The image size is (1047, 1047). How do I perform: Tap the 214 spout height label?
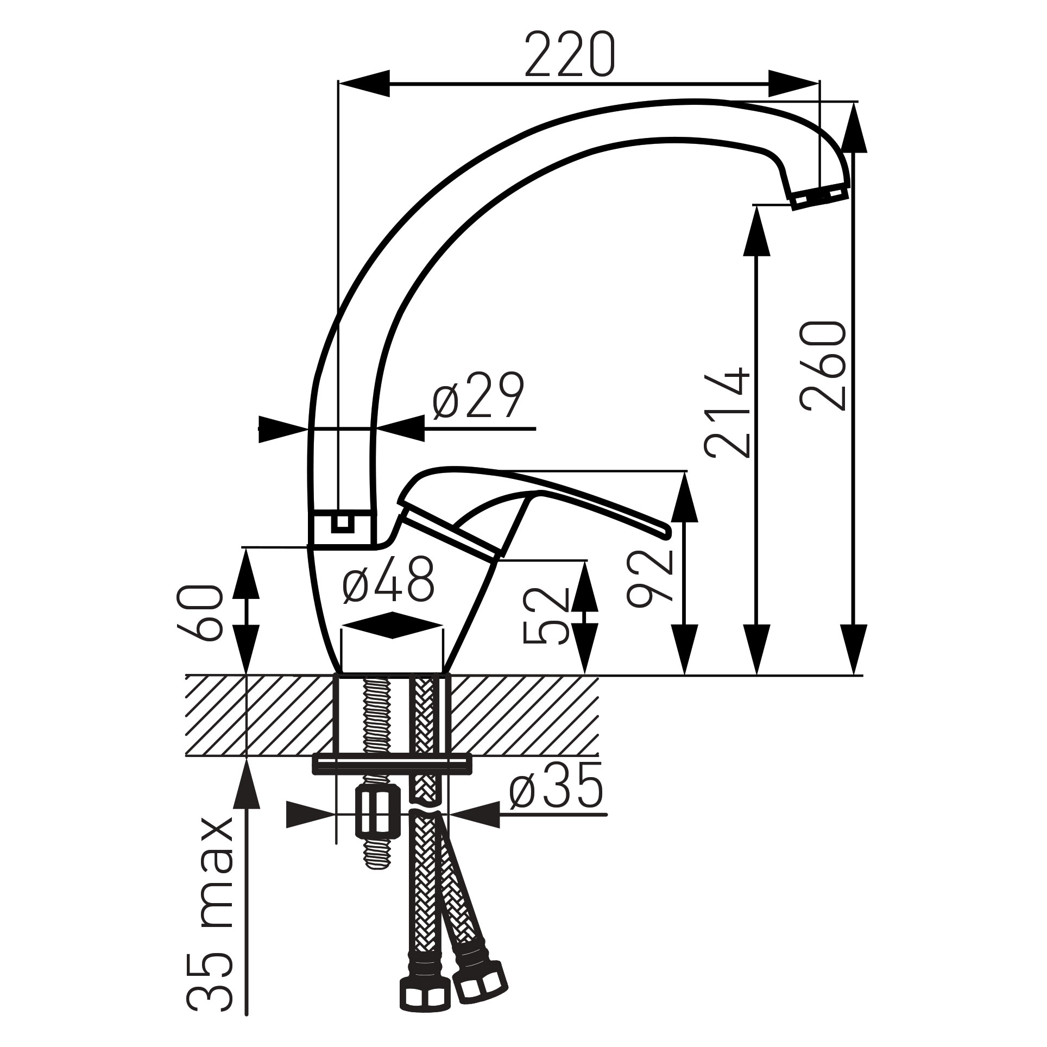[727, 413]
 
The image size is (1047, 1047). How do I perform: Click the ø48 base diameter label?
[389, 579]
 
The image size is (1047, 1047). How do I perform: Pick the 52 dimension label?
[545, 615]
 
